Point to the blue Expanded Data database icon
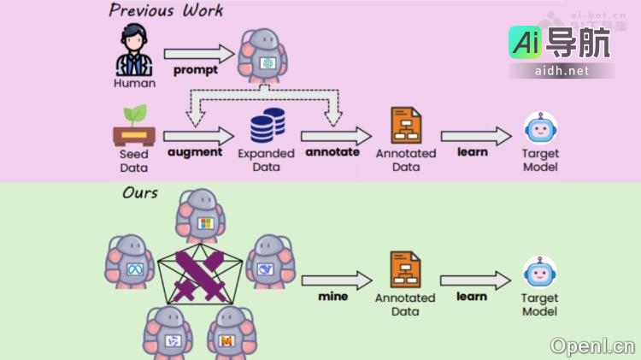[267, 126]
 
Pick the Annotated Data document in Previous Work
[405, 126]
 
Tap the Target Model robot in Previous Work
[540, 130]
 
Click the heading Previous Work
[166, 11]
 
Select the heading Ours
[140, 193]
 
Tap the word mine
[332, 297]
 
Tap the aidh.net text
[562, 71]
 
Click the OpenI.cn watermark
[592, 345]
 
